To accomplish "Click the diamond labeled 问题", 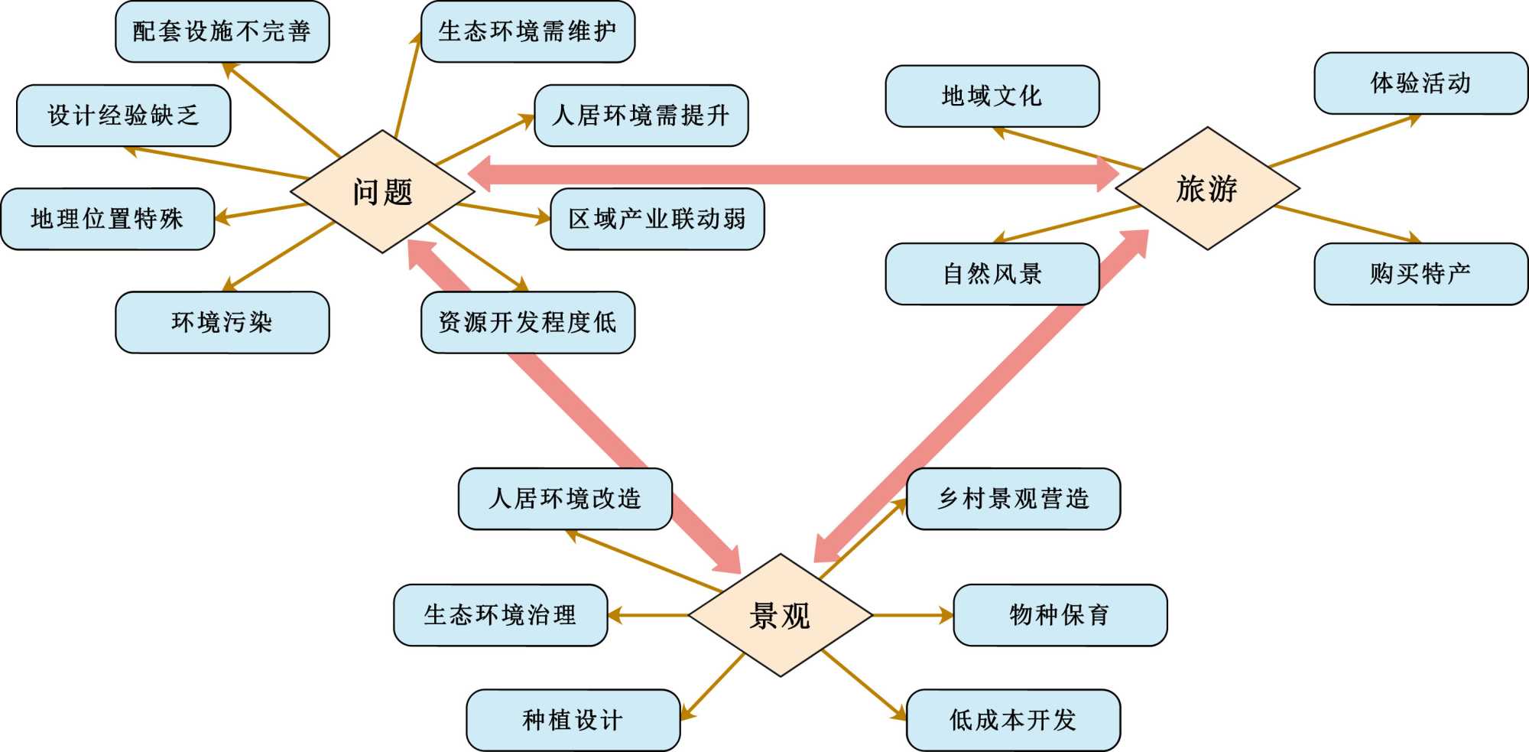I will (x=382, y=191).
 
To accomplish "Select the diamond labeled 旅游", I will (x=1207, y=188).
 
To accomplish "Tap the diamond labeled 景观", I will (x=780, y=615).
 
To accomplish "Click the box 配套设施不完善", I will (x=222, y=31).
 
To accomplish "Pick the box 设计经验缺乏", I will (x=123, y=116).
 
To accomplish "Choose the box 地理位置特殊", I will (x=107, y=219).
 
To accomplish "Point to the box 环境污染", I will (x=222, y=322).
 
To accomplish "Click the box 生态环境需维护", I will (x=528, y=31).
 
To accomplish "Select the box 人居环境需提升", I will (x=641, y=116).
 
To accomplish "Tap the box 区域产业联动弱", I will (x=657, y=219).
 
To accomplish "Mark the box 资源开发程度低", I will (x=528, y=322).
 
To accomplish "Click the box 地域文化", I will (x=992, y=96).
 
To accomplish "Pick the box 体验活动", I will (x=1420, y=83).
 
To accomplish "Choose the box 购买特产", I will (x=1420, y=274).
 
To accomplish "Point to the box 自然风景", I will (x=992, y=274).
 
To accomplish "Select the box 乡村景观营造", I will (x=1013, y=499).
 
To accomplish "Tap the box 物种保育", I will (x=1060, y=615).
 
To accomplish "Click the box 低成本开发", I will (x=1013, y=720).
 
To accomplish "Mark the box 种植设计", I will (x=573, y=720).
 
